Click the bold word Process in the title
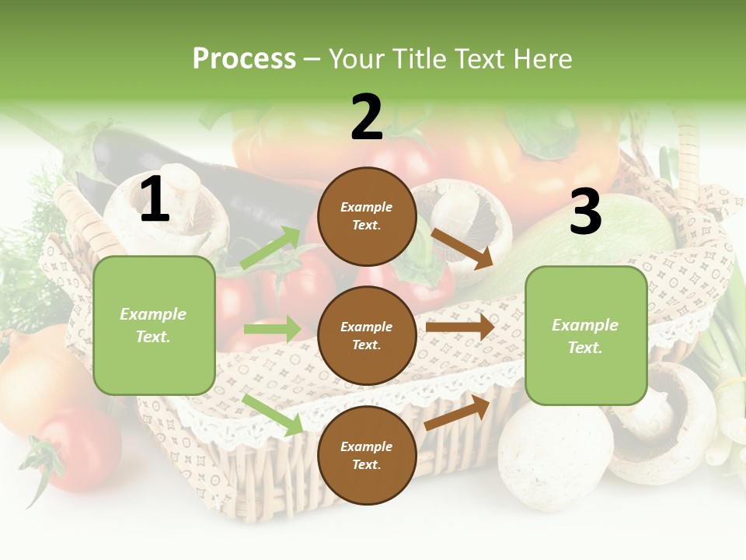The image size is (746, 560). pyautogui.click(x=244, y=58)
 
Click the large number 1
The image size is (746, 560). pyautogui.click(x=155, y=200)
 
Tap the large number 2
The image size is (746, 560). pyautogui.click(x=367, y=118)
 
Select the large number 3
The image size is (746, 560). pyautogui.click(x=585, y=213)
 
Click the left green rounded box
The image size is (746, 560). pyautogui.click(x=154, y=325)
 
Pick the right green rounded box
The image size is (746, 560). pyautogui.click(x=586, y=335)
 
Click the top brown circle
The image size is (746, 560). pyautogui.click(x=367, y=216)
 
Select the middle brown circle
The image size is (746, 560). pyautogui.click(x=367, y=335)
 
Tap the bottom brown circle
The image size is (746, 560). pyautogui.click(x=367, y=455)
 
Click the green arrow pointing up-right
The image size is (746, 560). pyautogui.click(x=270, y=248)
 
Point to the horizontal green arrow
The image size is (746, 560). pyautogui.click(x=271, y=329)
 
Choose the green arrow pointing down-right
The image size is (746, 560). pyautogui.click(x=273, y=415)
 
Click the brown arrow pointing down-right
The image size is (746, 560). pyautogui.click(x=462, y=248)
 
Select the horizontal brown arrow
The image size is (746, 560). pyautogui.click(x=460, y=327)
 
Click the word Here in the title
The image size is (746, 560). pyautogui.click(x=543, y=58)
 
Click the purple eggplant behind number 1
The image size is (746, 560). pyautogui.click(x=233, y=187)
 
